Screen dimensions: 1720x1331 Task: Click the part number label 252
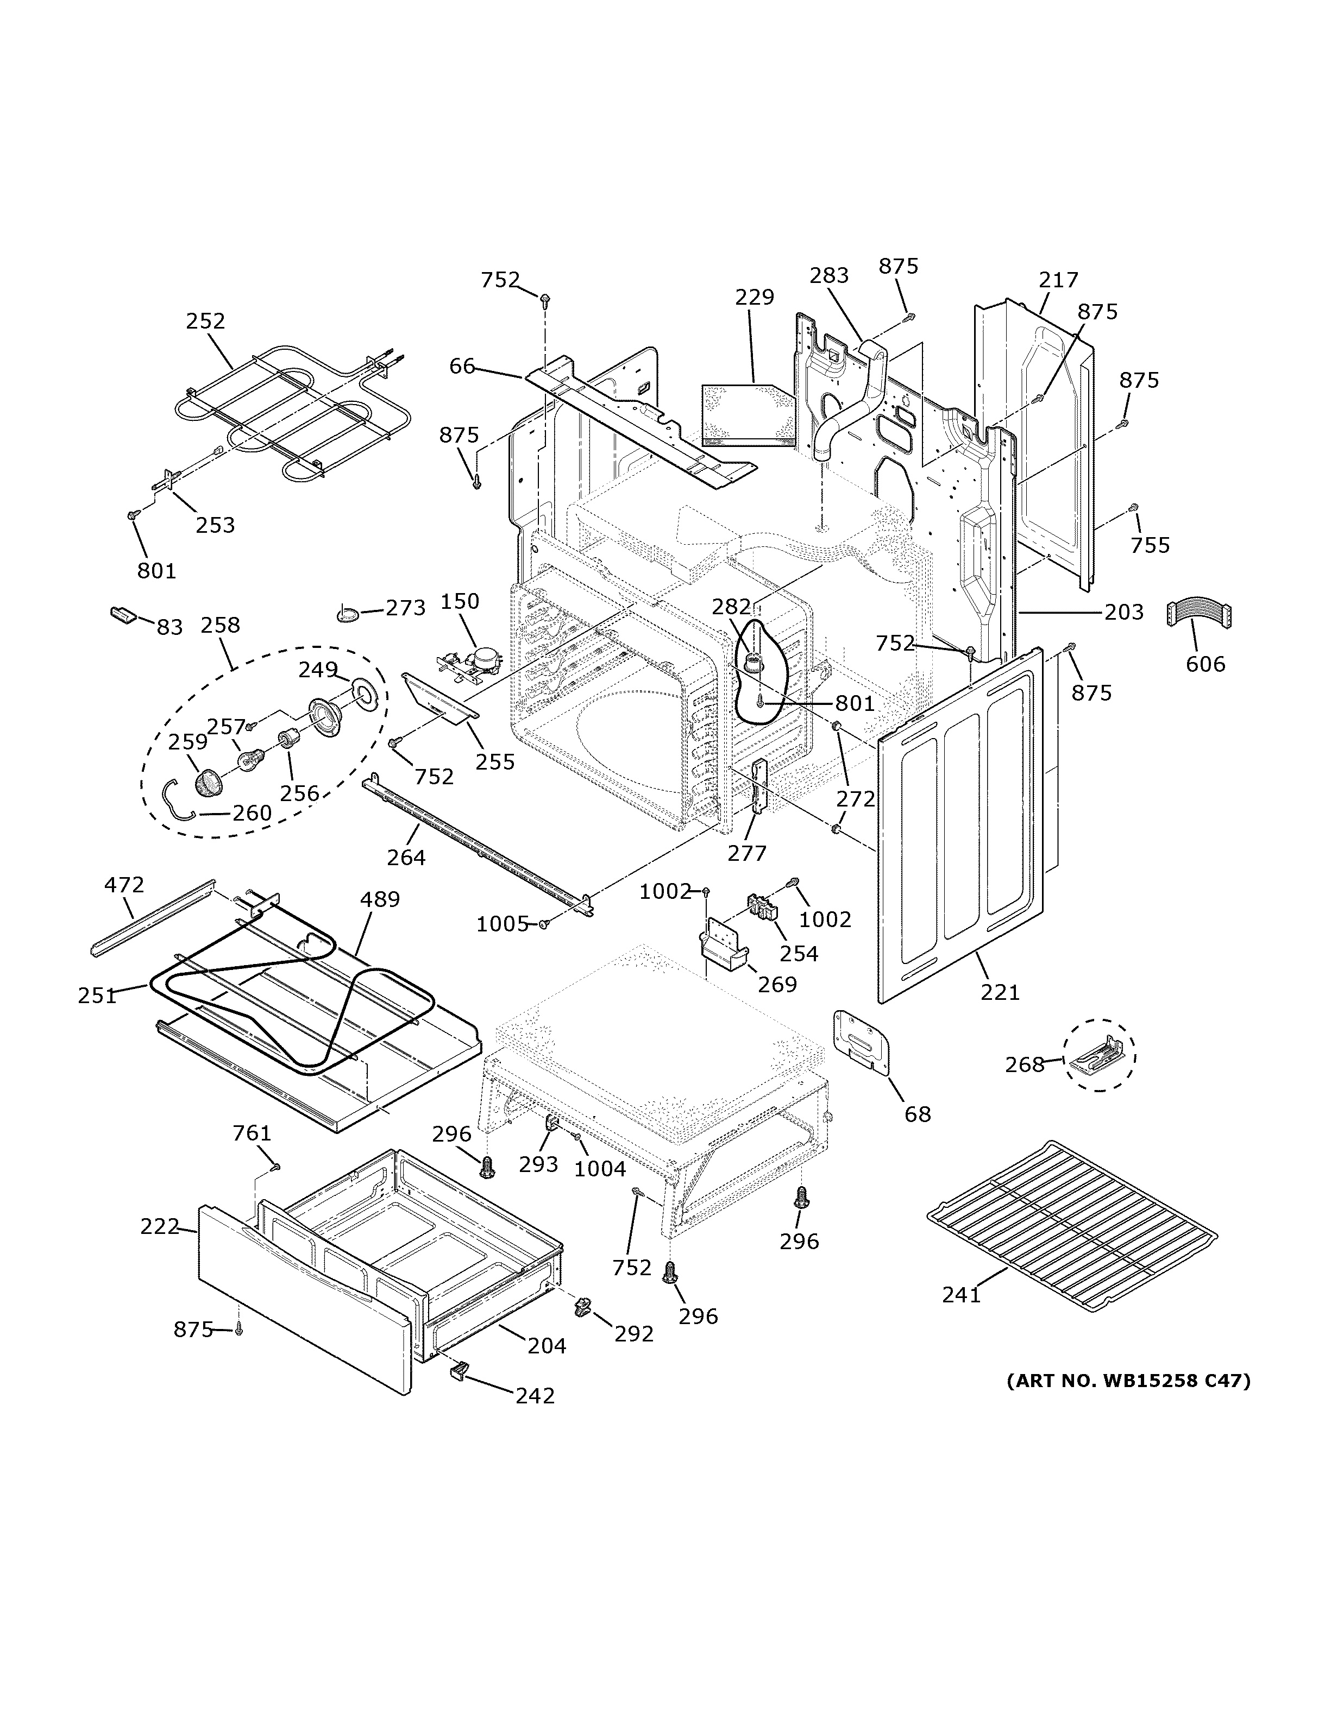point(205,322)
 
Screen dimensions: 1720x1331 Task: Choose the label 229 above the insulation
point(754,297)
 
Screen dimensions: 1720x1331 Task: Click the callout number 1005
point(501,924)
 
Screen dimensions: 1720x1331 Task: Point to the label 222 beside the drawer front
point(160,1226)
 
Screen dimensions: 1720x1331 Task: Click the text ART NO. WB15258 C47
point(1128,1381)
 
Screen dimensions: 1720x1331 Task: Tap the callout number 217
point(1058,280)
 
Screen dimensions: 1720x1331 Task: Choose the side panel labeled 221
point(961,827)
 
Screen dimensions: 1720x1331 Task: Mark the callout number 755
point(1150,545)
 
